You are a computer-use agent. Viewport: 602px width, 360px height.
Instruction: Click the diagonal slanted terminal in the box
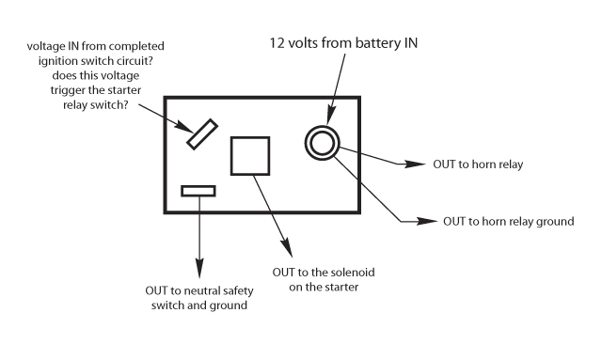click(202, 133)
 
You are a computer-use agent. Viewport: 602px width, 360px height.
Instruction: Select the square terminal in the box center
click(250, 155)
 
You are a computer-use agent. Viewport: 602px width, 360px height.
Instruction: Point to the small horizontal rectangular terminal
click(198, 191)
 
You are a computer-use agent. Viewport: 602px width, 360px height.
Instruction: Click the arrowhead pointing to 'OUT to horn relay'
click(411, 164)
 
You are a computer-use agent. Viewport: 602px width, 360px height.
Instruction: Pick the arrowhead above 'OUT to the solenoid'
click(289, 252)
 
